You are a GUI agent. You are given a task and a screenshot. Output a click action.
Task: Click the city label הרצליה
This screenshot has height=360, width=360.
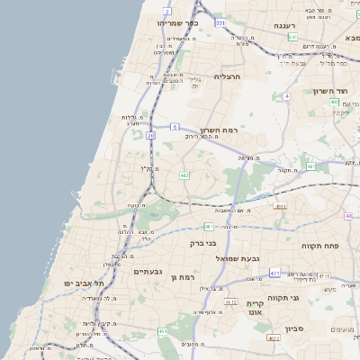[229, 76]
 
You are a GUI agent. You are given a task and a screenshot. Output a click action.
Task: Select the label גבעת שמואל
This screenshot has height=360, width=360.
[238, 258]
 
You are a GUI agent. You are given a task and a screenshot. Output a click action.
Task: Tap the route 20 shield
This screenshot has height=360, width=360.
[150, 135]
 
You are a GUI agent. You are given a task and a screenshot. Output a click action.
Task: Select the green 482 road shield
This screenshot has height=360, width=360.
[184, 175]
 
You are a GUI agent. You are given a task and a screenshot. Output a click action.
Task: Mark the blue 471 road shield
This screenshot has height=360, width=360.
[274, 273]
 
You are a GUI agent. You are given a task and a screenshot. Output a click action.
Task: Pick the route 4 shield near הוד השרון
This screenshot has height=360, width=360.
[286, 95]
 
